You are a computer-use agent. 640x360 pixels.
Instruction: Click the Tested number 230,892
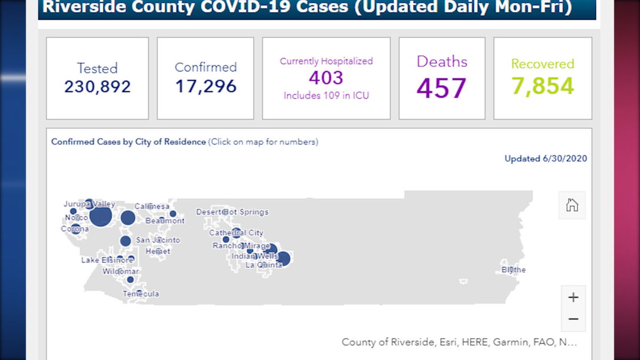[97, 86]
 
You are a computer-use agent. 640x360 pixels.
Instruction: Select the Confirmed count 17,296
[205, 86]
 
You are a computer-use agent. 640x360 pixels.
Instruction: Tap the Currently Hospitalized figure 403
[326, 78]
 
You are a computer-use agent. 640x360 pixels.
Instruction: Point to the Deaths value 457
[442, 88]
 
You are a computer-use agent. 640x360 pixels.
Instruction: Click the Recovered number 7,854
[542, 86]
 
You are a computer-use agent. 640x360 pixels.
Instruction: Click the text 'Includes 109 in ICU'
[326, 96]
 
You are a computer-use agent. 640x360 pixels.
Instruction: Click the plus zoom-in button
[573, 297]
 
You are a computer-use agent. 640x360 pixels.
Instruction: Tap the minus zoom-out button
[573, 319]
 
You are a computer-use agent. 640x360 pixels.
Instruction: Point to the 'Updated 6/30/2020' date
[546, 159]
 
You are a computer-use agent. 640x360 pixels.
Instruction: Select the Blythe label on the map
[513, 270]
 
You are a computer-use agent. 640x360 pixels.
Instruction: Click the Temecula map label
[141, 294]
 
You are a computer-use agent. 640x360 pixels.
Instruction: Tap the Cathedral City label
[236, 233]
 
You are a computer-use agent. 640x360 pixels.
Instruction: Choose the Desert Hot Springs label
[232, 212]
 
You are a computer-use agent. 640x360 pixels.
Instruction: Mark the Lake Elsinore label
[107, 260]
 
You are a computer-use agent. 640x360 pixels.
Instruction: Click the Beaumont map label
[165, 221]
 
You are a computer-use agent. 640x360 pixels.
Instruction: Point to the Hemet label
[158, 251]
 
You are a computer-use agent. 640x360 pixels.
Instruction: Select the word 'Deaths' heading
[442, 61]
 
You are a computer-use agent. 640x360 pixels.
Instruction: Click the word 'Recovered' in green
[542, 64]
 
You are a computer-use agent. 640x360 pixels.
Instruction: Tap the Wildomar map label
[121, 271]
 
